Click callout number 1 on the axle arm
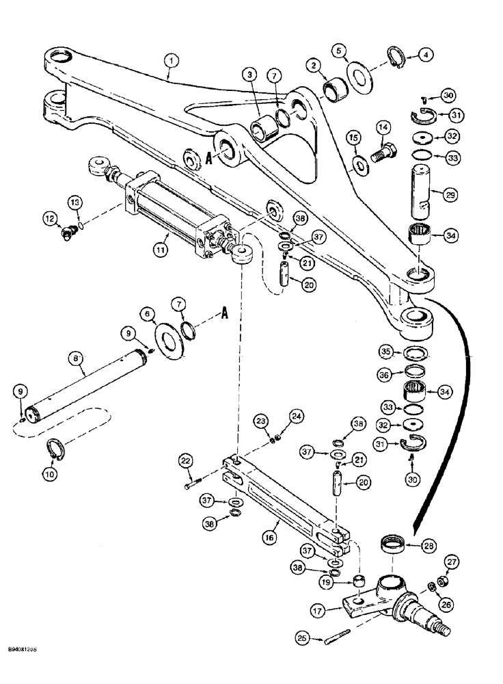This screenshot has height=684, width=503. [172, 62]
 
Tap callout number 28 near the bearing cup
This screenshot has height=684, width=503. [427, 547]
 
